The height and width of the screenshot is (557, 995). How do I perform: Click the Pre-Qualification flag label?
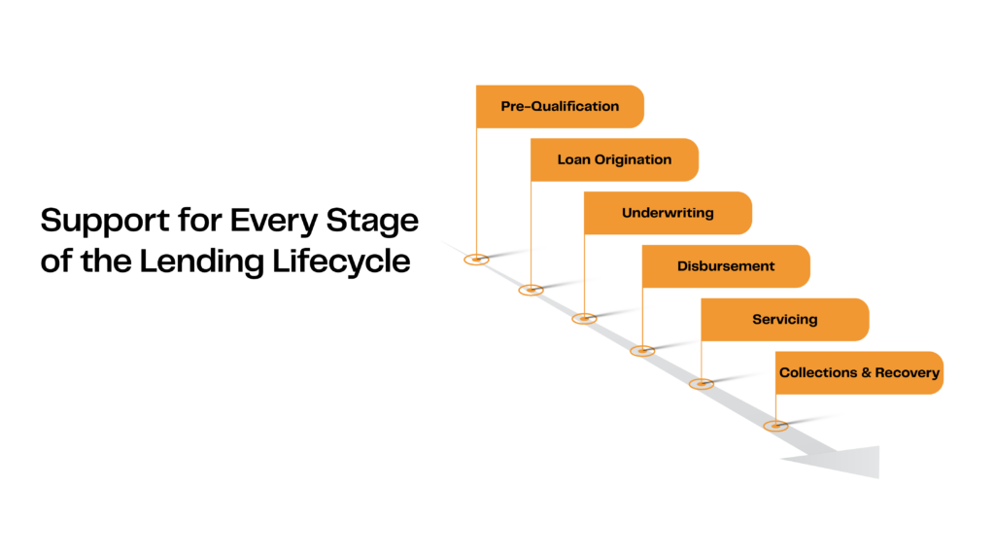[560, 107]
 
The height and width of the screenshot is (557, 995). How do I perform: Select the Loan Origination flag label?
[614, 159]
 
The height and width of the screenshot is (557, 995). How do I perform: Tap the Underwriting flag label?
[668, 213]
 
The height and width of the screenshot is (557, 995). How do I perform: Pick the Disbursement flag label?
[726, 266]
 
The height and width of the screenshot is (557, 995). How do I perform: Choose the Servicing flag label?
[784, 320]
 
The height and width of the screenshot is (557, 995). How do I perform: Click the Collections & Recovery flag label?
[859, 373]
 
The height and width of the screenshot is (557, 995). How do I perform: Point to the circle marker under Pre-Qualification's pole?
[475, 259]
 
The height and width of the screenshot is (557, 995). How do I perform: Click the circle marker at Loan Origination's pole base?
[530, 290]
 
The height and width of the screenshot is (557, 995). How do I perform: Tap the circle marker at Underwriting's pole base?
[583, 318]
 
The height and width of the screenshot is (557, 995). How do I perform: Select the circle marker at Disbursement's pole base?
[641, 350]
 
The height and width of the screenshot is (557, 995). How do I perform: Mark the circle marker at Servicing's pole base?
[701, 384]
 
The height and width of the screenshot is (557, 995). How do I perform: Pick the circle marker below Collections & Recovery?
[774, 426]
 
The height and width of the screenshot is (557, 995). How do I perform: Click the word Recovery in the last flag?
[907, 373]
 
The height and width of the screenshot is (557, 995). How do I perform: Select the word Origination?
[633, 159]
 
